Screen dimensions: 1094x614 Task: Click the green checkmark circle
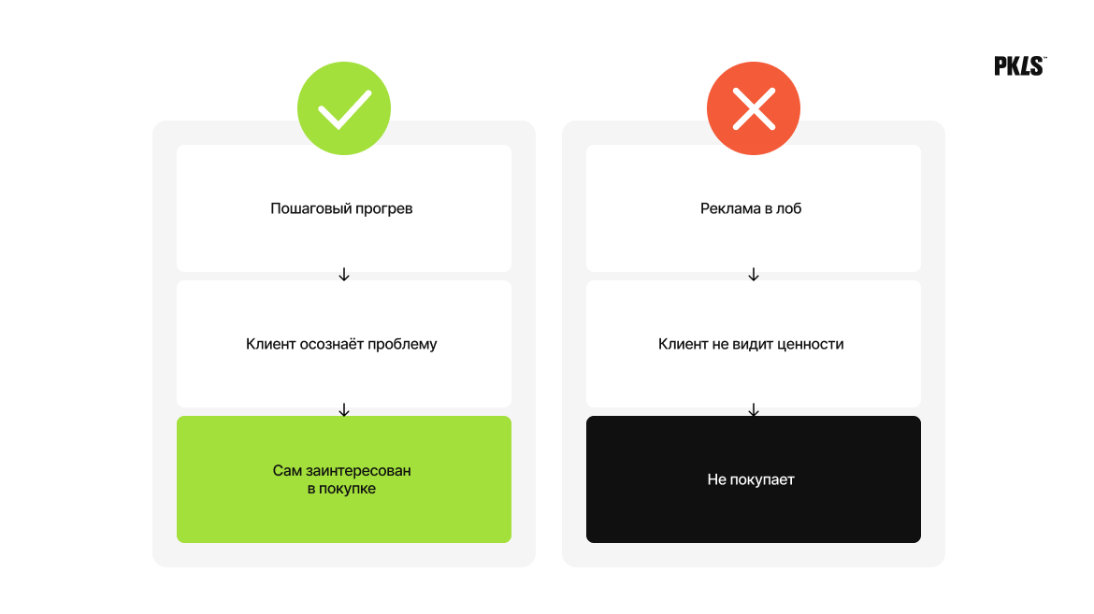click(344, 108)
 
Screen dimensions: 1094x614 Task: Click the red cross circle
click(754, 108)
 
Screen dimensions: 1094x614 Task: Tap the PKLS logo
click(1020, 66)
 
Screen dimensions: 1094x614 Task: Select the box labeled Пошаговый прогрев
click(344, 207)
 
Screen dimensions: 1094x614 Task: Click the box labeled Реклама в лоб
click(754, 207)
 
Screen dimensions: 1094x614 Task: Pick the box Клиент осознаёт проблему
click(344, 344)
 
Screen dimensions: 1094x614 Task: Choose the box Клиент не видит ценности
click(754, 344)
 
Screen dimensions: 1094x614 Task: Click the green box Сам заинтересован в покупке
click(344, 479)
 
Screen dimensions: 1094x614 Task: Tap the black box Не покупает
click(754, 479)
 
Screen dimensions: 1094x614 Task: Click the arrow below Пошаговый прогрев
click(344, 274)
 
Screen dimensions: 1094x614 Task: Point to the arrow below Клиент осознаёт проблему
click(344, 410)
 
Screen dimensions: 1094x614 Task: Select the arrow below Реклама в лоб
click(754, 274)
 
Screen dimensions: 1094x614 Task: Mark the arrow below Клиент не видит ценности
click(754, 410)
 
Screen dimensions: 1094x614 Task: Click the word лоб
click(789, 207)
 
